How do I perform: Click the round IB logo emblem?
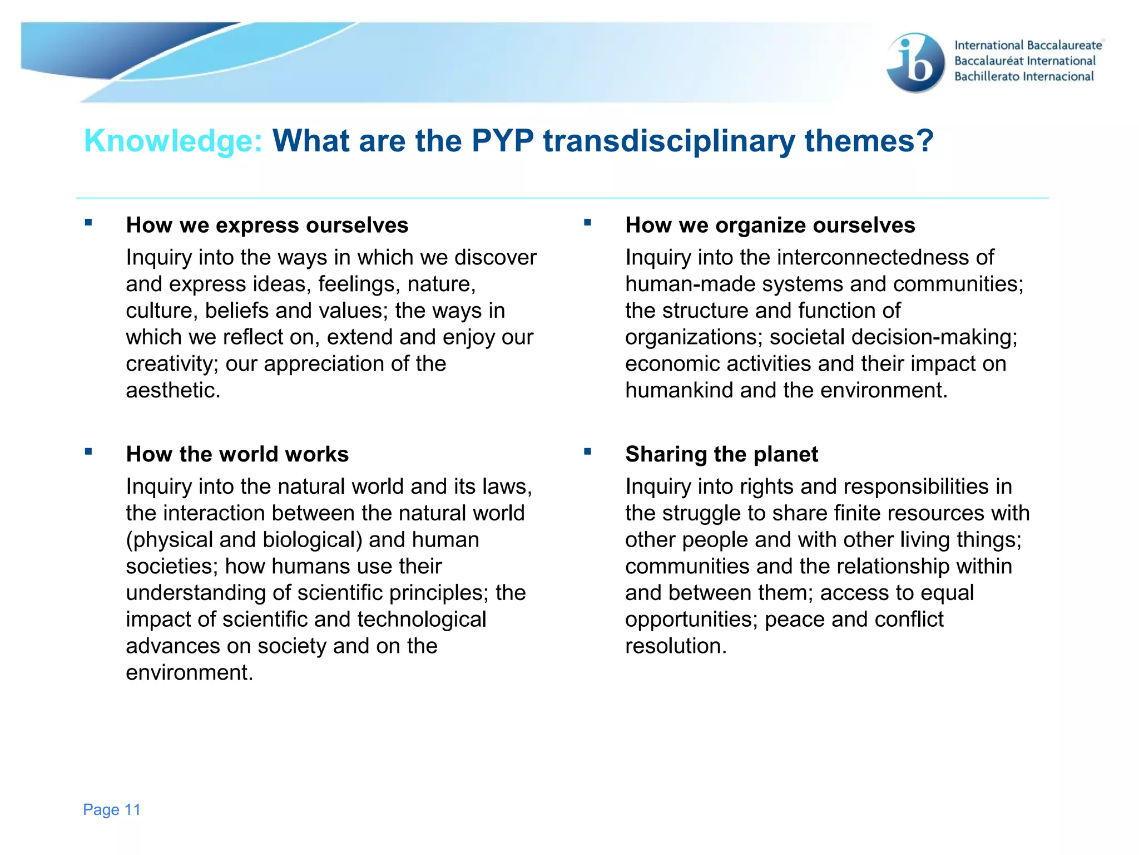point(915,62)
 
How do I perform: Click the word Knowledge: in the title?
point(173,141)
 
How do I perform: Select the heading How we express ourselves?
point(267,225)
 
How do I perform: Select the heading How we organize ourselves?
point(770,225)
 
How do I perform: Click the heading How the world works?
point(237,454)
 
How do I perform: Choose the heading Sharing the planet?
point(721,454)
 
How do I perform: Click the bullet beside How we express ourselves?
point(88,223)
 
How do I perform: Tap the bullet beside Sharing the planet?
point(587,451)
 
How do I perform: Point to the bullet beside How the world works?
point(88,451)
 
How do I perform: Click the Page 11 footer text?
point(112,809)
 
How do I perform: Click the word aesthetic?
point(173,390)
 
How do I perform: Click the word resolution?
point(676,646)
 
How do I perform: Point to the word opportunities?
point(691,620)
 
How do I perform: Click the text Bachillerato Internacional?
point(1024,77)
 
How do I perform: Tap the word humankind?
point(679,390)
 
